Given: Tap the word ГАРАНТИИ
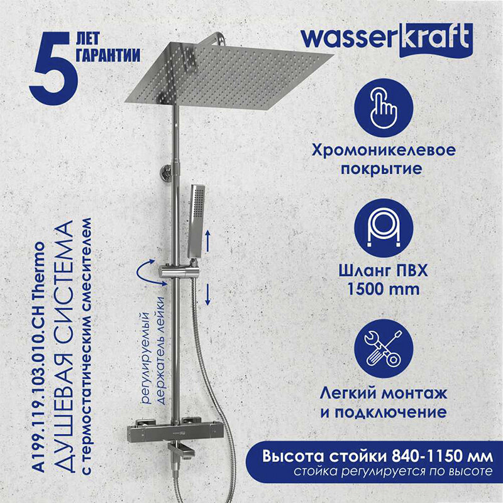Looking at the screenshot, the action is click(108, 55).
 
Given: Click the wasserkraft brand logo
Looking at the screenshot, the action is click(387, 40).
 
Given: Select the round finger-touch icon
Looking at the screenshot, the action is click(384, 108).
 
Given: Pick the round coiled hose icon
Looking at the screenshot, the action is click(384, 228).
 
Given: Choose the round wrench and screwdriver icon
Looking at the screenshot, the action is click(384, 349).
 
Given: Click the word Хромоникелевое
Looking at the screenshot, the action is click(384, 150).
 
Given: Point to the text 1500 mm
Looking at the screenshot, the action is click(384, 289).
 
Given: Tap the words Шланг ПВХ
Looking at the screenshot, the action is click(384, 271).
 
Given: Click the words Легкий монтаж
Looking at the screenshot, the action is click(384, 394).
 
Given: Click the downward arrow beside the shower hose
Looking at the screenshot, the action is click(208, 294).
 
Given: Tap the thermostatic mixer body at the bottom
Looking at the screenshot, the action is click(164, 431).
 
